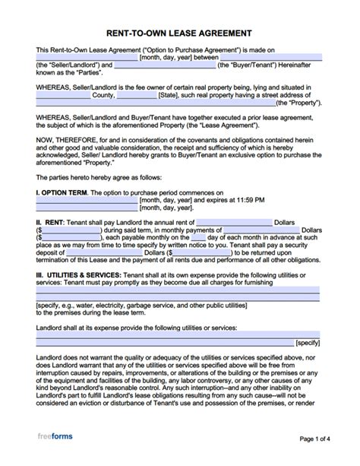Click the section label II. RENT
(52, 222)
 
